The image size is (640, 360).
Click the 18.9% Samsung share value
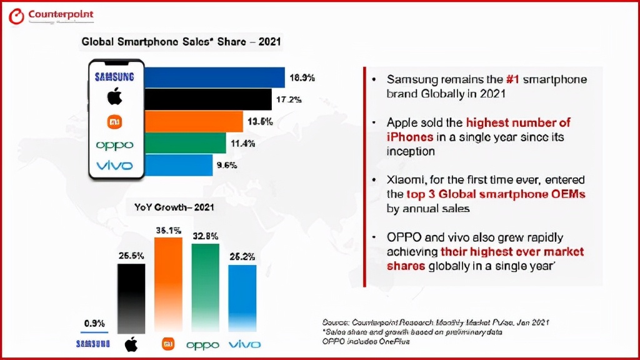[302, 78]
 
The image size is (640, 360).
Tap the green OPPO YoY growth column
[206, 287]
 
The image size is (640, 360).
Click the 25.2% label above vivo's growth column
[242, 256]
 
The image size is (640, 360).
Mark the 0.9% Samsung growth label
[94, 323]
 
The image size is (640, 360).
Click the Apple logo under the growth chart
[131, 344]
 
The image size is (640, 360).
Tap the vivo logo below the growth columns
[244, 344]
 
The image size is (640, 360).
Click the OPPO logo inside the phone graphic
[114, 145]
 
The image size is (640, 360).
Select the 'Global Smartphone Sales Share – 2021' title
[181, 42]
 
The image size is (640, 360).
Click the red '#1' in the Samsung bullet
[512, 80]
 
